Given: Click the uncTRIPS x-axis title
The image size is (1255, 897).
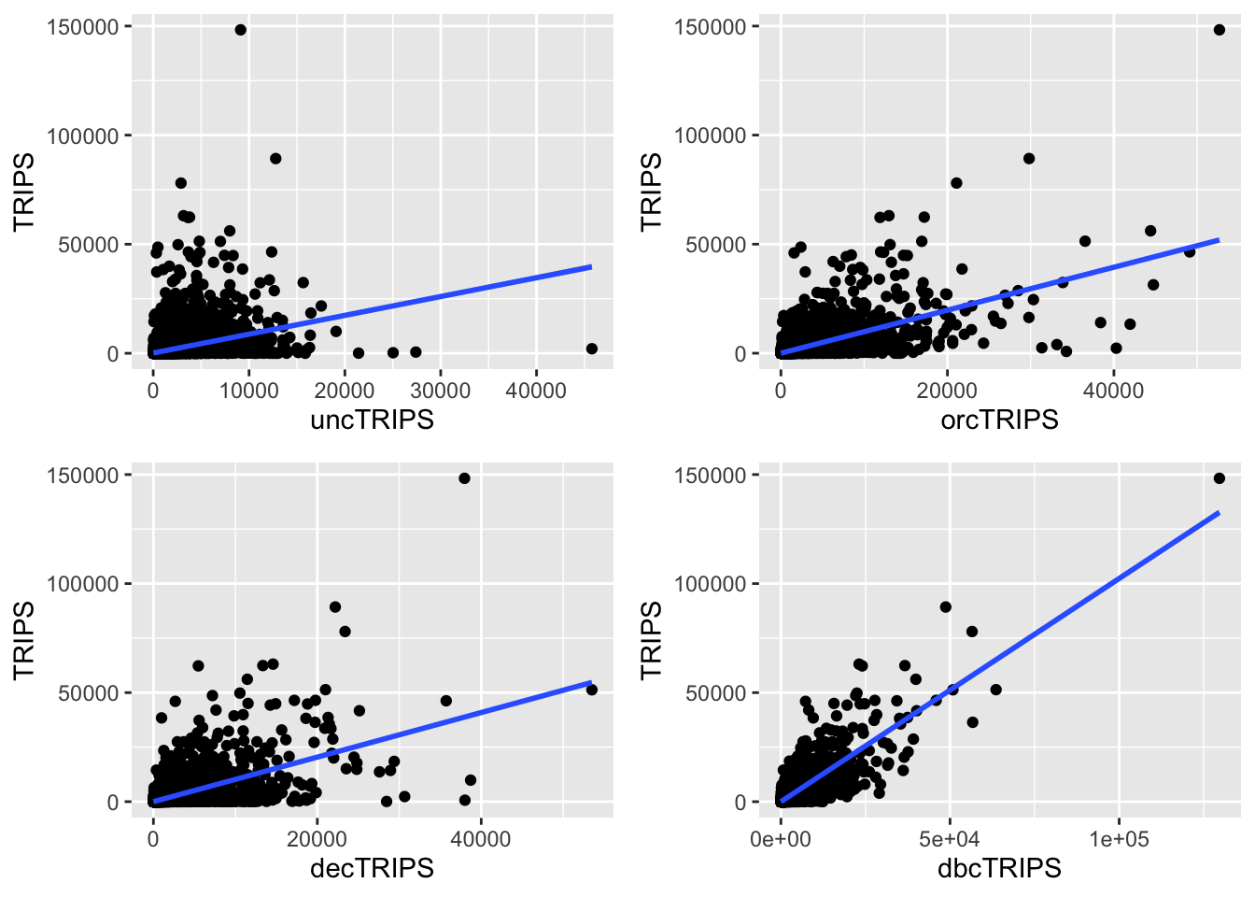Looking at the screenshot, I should point(372,420).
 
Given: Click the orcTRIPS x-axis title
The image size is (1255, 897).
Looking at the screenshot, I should point(999,420).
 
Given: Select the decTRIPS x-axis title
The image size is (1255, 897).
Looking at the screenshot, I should point(372,869).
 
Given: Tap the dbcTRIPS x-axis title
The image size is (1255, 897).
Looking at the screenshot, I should point(999,869).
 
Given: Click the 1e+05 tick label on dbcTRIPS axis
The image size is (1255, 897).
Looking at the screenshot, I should point(1119,839).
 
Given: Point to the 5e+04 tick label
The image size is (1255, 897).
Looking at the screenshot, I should point(950,839).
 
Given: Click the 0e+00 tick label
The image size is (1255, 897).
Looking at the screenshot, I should point(781,839).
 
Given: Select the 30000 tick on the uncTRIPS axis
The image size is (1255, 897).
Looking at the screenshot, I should point(440,391).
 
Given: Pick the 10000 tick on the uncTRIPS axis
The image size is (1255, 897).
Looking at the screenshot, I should point(248,391).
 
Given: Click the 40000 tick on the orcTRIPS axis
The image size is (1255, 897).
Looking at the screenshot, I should point(1113,391).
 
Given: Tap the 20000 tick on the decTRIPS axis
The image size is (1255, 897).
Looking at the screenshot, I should point(317,839).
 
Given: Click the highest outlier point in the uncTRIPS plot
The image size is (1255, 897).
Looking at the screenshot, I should point(240,30).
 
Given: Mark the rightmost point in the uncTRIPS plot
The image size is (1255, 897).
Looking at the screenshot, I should point(591,349).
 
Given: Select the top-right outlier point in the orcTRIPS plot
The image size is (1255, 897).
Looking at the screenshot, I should point(1219,30).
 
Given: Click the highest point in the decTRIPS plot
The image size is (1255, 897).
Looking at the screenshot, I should point(464,478).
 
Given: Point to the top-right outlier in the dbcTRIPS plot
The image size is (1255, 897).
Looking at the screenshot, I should point(1219,478).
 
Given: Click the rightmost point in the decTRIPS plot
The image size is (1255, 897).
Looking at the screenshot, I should point(591,690).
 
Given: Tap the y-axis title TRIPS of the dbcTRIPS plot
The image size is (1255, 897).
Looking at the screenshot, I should point(651,640).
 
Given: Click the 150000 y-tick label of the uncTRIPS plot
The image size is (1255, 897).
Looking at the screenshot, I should point(82,27).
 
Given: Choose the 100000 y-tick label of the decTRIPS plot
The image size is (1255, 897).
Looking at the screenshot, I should point(82,584).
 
